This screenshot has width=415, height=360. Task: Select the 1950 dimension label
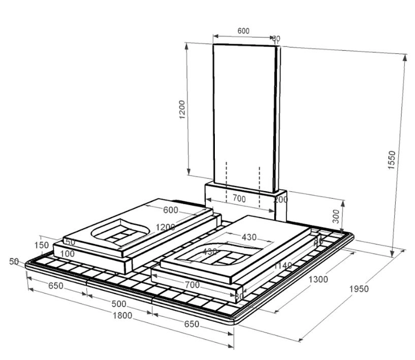click(x=359, y=289)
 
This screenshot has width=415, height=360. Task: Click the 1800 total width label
click(x=122, y=315)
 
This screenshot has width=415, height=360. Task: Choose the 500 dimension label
click(x=118, y=304)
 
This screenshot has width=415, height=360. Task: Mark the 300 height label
click(x=336, y=216)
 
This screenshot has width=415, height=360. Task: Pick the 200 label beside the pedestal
click(x=281, y=199)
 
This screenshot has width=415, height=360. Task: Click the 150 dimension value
click(x=42, y=246)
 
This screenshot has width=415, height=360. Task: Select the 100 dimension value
click(x=68, y=253)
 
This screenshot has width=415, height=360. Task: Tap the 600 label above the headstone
click(x=243, y=31)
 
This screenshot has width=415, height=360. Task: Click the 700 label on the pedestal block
click(x=239, y=199)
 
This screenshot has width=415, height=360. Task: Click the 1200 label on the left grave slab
click(x=166, y=227)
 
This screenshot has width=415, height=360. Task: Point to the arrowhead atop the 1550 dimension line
click(x=405, y=55)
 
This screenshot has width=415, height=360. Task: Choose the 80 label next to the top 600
click(x=276, y=38)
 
